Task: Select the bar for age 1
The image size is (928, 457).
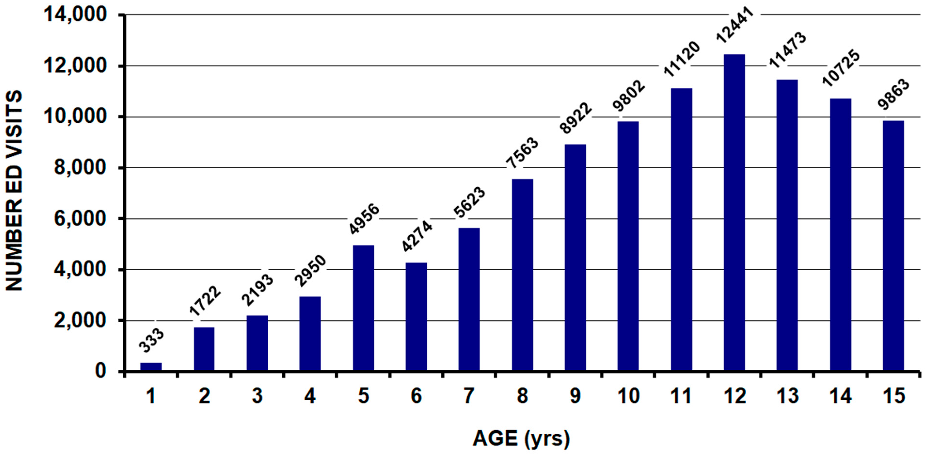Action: (151, 367)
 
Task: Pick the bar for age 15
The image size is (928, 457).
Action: (893, 245)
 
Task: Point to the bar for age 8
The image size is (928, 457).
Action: (522, 275)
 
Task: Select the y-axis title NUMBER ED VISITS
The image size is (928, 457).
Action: (14, 191)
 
